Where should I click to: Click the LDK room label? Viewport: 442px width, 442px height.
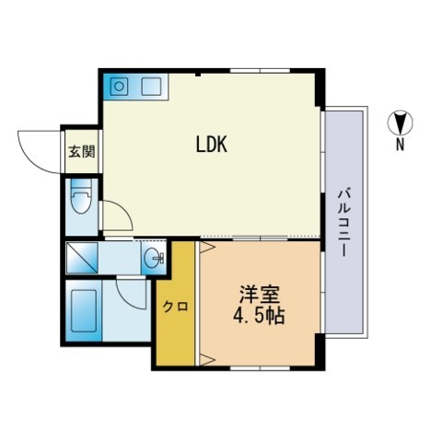(x=212, y=145)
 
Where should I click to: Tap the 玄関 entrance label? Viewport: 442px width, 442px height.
(x=82, y=151)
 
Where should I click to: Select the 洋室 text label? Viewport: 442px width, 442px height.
(x=260, y=295)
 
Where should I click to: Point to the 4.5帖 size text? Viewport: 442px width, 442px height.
(x=259, y=315)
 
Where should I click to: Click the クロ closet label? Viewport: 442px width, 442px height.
(x=175, y=306)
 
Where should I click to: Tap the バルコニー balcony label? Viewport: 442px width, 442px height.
(x=344, y=223)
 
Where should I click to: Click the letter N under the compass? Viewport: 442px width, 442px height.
(x=400, y=144)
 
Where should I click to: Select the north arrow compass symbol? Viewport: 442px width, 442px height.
(x=400, y=122)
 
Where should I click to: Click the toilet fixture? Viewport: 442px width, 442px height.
(x=81, y=196)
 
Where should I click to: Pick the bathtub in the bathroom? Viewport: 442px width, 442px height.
(x=84, y=311)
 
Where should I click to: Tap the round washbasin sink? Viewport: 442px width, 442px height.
(x=154, y=257)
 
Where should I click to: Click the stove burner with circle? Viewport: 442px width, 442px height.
(x=119, y=87)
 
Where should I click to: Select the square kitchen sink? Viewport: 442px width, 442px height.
(x=151, y=87)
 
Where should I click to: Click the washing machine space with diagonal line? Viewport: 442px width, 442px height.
(x=82, y=258)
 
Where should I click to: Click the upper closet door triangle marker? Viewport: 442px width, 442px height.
(x=207, y=248)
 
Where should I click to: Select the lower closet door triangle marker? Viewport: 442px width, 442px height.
(x=207, y=359)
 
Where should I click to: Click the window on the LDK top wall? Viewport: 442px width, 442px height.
(x=260, y=71)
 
